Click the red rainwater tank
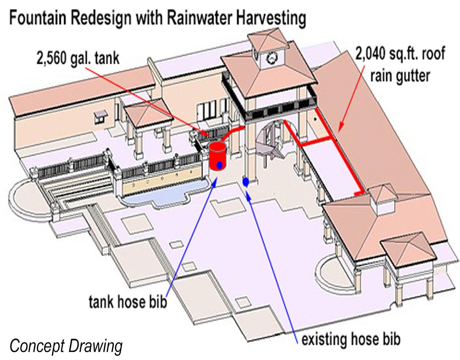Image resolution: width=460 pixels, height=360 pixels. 217,155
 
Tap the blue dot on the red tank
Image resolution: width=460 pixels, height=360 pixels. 219,166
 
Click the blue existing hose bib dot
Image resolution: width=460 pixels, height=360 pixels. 246,181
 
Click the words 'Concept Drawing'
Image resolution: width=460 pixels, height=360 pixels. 66,346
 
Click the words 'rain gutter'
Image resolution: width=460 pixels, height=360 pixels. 400,76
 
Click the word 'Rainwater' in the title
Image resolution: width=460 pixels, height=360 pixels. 201,18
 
